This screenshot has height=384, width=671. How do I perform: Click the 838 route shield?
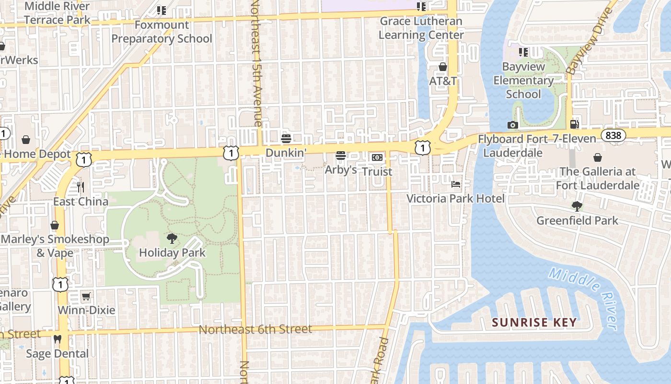(x=613, y=135)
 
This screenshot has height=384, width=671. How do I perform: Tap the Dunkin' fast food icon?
(x=286, y=139)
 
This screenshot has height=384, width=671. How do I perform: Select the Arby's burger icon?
(x=341, y=156)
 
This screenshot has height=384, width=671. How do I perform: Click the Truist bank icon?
(x=377, y=157)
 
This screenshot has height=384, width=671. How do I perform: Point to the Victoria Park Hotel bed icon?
(x=456, y=184)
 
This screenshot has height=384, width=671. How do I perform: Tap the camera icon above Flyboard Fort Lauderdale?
(x=512, y=125)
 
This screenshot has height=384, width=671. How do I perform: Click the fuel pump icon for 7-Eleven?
(x=574, y=125)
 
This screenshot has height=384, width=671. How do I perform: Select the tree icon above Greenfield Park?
(x=577, y=206)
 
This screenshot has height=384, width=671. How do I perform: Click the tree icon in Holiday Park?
(x=172, y=238)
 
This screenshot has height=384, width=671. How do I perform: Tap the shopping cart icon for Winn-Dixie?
(x=86, y=296)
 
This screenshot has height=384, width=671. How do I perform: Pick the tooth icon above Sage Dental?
(x=58, y=339)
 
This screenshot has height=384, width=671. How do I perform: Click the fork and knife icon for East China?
(x=81, y=187)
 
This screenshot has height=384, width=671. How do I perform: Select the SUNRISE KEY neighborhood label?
(x=534, y=323)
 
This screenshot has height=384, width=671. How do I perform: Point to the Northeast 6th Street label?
(x=255, y=329)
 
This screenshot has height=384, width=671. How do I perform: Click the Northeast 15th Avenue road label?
(x=257, y=62)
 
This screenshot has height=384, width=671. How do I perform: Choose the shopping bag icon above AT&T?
(x=443, y=67)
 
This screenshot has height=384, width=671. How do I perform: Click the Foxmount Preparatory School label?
(x=162, y=32)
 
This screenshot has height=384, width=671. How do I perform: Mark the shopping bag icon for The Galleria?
(x=598, y=157)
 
